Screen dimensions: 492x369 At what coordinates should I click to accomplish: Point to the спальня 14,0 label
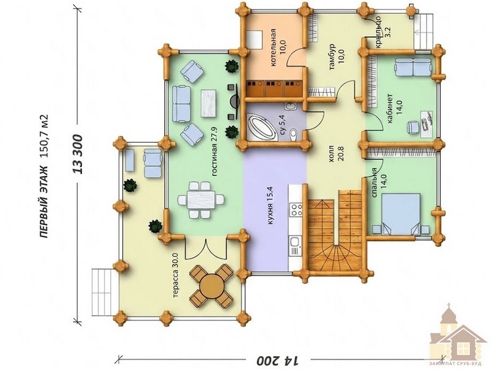coord(378,183)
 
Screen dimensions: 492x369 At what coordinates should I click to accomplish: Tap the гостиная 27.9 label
coord(215,151)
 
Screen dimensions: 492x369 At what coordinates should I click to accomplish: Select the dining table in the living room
coord(201,199)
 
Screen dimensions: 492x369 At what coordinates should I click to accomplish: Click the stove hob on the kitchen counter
coord(296,210)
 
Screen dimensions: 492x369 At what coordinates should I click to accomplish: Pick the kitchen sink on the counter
coord(296,242)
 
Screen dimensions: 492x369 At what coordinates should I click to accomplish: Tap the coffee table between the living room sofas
coord(208,103)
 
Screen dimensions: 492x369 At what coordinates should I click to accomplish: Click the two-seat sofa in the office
coord(413,66)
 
